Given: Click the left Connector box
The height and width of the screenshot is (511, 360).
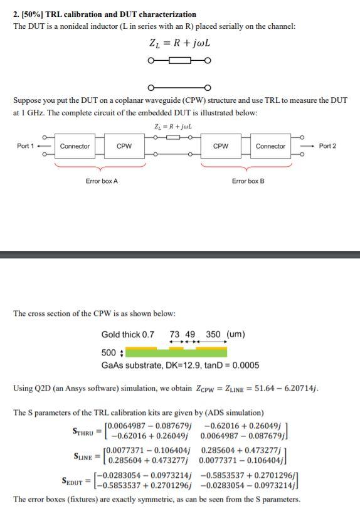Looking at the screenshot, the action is tap(75, 147).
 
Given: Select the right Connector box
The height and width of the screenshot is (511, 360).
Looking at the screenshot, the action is tap(270, 147).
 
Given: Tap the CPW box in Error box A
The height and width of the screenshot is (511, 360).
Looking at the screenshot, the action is tap(124, 147).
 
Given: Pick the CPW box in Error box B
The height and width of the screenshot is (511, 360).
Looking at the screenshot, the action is tap(221, 147).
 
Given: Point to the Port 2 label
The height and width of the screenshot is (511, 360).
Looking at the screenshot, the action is tap(327, 146).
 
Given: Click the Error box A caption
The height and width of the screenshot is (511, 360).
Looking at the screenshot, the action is tap(102, 181).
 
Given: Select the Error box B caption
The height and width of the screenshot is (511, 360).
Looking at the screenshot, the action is tap(248, 181).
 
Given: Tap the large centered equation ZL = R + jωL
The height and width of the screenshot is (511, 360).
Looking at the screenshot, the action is tap(179, 44).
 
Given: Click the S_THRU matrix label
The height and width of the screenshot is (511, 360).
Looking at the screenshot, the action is tap(83, 433).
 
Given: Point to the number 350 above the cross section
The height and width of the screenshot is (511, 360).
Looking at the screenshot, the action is tap(214, 334).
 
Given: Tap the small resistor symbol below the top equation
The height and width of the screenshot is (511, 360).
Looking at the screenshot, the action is tap(179, 61).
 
